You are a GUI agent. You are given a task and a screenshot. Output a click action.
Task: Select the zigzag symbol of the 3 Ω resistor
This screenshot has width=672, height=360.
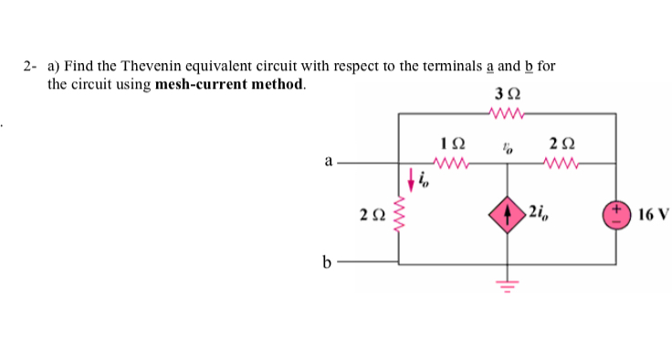coord(507,113)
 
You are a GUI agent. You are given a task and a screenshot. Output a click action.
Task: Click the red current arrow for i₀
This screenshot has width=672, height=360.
coord(412,178)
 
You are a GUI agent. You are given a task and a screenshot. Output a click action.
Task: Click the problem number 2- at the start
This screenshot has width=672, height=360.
coord(30,67)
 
